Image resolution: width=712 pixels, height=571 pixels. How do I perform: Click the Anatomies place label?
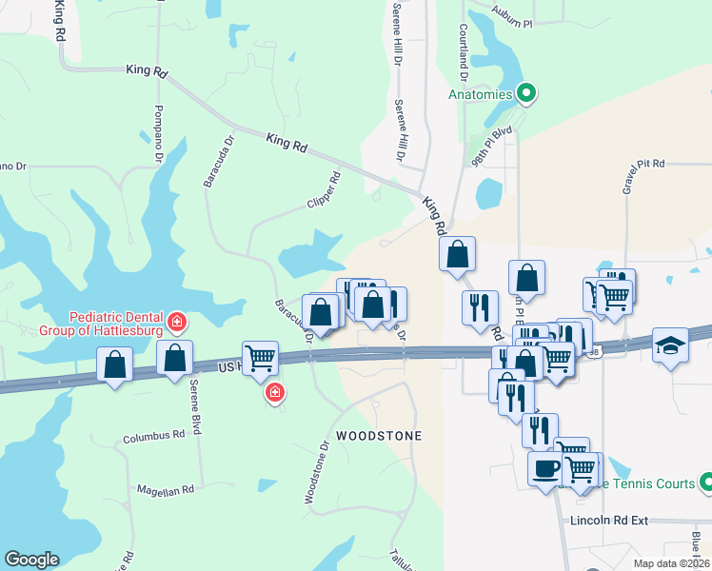481,94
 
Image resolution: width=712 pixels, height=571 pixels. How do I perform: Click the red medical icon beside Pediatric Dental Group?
176,325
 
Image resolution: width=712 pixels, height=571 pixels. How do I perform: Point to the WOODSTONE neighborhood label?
380,435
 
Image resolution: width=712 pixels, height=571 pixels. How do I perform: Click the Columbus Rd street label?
153,437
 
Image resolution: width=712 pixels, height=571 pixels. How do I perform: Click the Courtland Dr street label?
464,52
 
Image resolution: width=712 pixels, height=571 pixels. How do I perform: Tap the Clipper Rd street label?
324,190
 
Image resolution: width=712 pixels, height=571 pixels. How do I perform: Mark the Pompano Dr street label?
159,133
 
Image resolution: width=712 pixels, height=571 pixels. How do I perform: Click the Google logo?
31,560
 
